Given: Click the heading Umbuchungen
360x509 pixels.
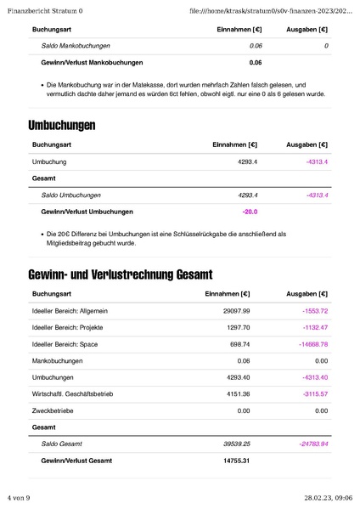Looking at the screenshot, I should coord(61,126).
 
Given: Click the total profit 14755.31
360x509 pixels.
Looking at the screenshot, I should coord(236,461).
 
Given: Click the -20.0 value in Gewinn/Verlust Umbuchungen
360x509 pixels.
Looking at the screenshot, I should coord(250,211).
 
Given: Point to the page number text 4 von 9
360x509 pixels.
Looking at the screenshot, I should coord(19,497).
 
